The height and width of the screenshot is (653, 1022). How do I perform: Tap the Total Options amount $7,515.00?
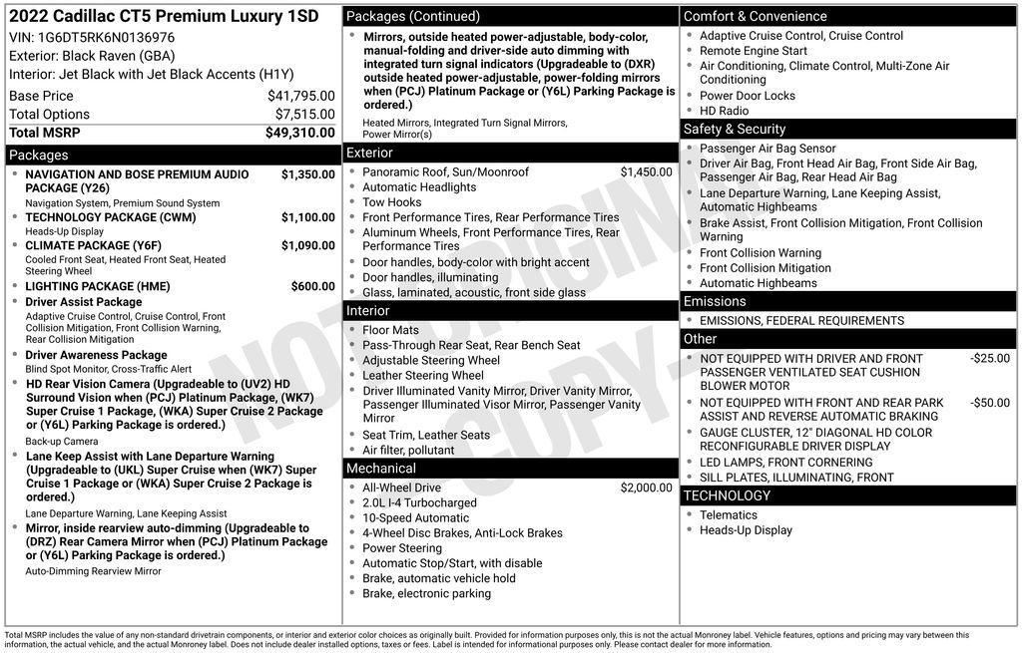[x=304, y=114]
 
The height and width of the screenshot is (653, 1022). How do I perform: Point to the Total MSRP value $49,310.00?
[x=299, y=133]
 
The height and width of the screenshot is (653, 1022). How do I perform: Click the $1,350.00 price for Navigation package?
[x=307, y=174]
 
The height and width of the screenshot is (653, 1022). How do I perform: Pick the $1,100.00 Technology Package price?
[x=307, y=217]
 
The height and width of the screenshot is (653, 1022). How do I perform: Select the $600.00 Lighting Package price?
[x=312, y=286]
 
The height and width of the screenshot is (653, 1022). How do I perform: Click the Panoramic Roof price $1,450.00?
[x=646, y=172]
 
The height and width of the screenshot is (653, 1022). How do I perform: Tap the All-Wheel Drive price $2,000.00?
[x=646, y=488]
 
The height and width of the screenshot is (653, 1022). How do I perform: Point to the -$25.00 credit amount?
[x=989, y=359]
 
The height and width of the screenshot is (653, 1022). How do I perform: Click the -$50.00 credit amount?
[x=989, y=403]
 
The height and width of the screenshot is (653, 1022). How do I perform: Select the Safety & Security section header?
[x=735, y=130]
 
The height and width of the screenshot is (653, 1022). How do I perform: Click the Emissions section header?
[x=715, y=301]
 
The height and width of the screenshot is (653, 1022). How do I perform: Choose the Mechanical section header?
[x=381, y=469]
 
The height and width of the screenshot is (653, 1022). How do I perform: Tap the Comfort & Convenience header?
[x=755, y=16]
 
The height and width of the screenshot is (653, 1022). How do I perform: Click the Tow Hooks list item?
[x=391, y=202]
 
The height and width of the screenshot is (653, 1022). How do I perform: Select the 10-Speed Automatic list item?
[x=415, y=518]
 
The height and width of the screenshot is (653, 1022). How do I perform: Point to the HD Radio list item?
[x=724, y=111]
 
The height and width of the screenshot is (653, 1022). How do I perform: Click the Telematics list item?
[x=728, y=515]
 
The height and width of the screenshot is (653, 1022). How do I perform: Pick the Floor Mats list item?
[x=390, y=330]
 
